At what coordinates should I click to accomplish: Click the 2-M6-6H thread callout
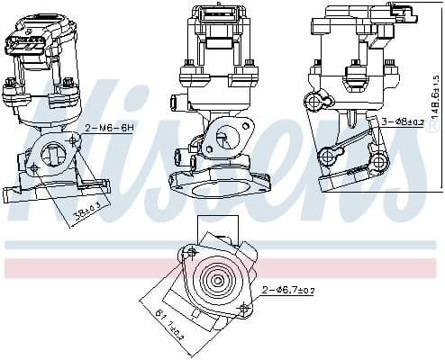(110, 129)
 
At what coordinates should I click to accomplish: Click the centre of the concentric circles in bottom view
(216, 278)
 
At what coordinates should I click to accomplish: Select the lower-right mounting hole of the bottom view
(243, 309)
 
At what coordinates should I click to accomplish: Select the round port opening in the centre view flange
(222, 138)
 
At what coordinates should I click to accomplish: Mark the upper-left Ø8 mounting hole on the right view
(313, 99)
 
